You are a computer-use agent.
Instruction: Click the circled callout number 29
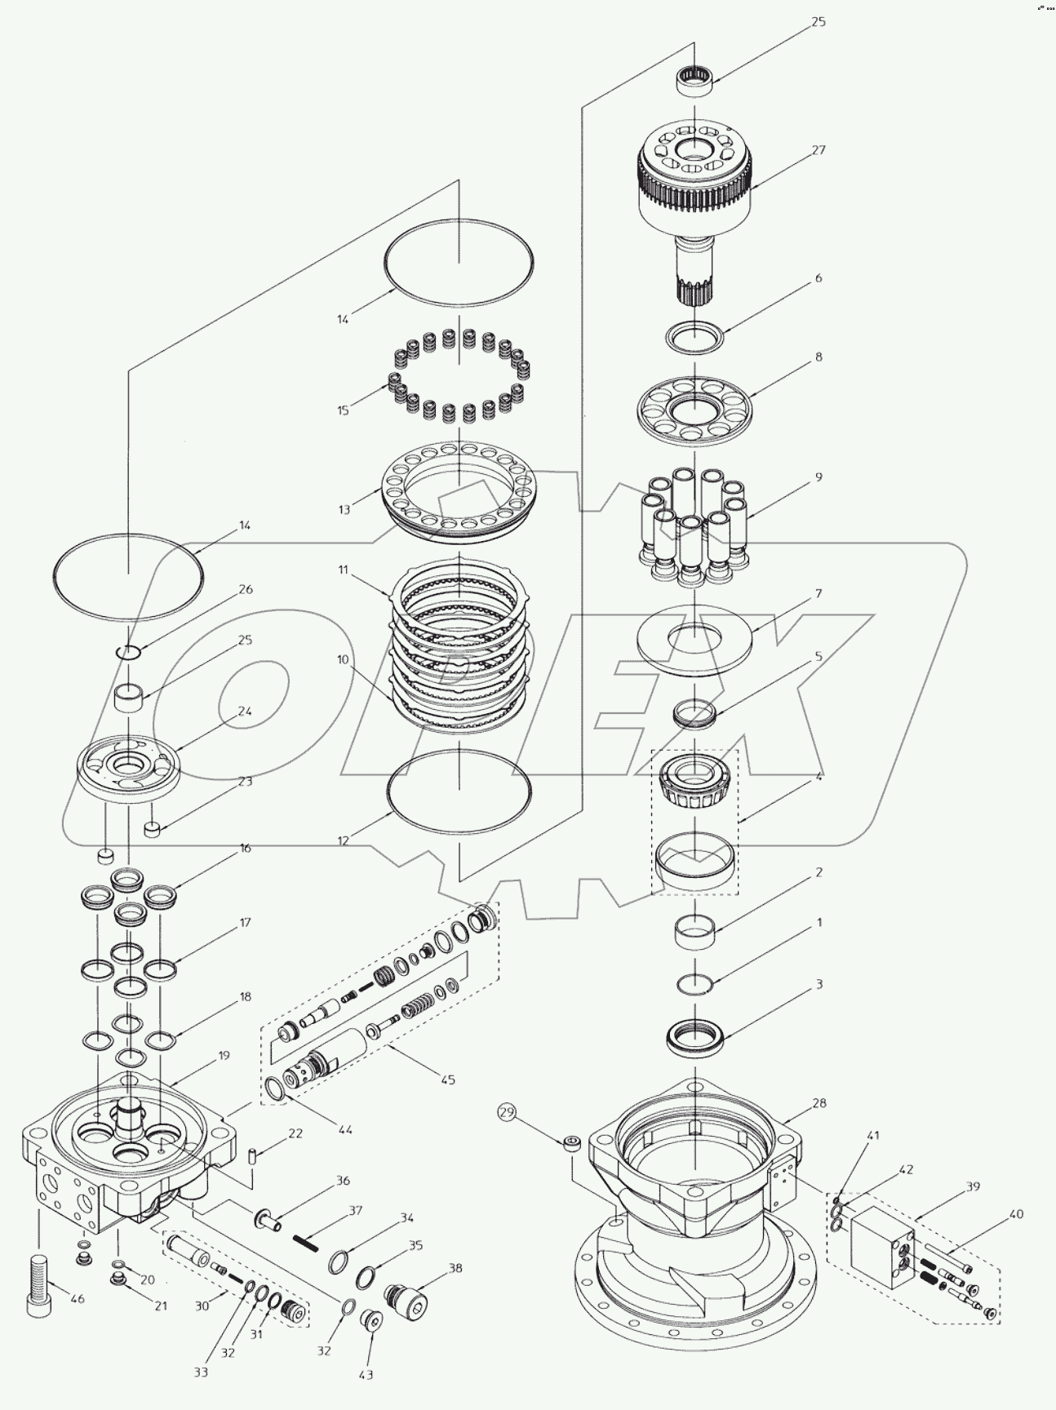click(x=507, y=1112)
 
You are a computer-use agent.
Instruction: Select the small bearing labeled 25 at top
click(x=695, y=82)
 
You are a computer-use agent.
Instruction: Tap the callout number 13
click(x=344, y=509)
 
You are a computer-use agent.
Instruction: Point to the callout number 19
click(x=224, y=1055)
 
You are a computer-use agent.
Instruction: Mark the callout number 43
click(x=366, y=1374)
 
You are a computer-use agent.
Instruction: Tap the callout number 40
click(x=1015, y=1213)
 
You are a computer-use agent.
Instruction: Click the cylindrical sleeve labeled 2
click(x=694, y=931)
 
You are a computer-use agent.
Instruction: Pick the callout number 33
click(x=201, y=1372)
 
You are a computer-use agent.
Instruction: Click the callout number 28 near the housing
click(x=819, y=1103)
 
